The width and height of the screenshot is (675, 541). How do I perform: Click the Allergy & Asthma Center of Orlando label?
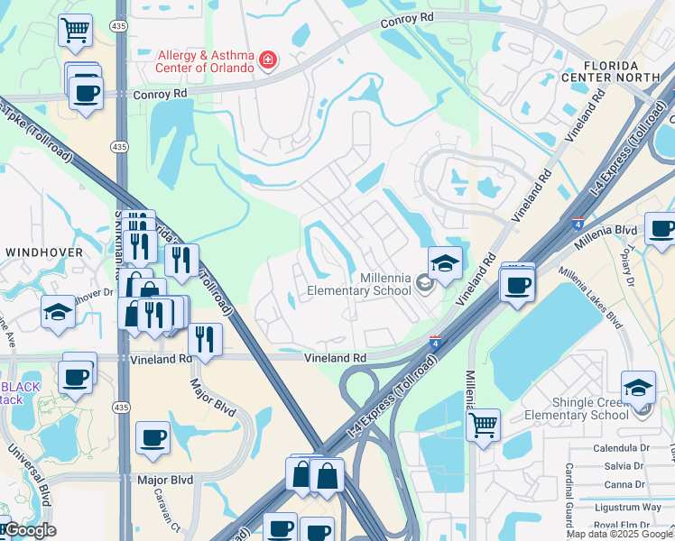[x=207, y=61]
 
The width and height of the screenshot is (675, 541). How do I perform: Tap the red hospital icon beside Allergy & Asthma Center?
[x=267, y=61]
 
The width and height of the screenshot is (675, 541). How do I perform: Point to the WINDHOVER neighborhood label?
[x=44, y=252]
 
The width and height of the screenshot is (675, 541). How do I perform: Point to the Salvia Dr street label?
[x=621, y=466]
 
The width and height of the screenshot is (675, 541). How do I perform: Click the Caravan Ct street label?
[x=172, y=518]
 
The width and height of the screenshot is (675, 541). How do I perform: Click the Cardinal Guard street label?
[x=569, y=496]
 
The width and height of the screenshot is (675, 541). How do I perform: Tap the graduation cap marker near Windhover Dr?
[x=59, y=312]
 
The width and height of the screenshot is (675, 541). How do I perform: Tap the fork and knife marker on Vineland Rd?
[x=205, y=340]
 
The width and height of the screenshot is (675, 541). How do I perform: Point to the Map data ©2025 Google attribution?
[x=620, y=534]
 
